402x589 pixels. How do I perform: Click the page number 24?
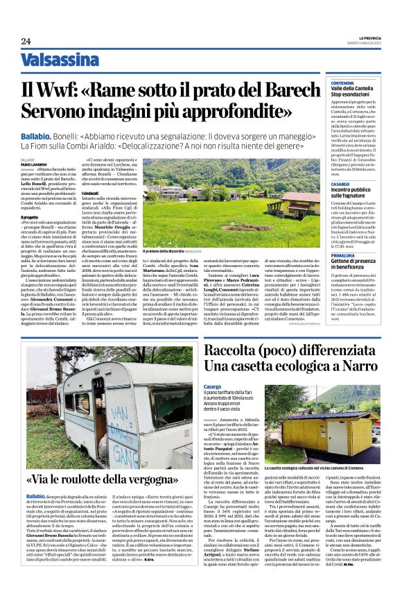pyautogui.click(x=26, y=41)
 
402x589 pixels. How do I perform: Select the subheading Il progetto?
pyautogui.click(x=30, y=216)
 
